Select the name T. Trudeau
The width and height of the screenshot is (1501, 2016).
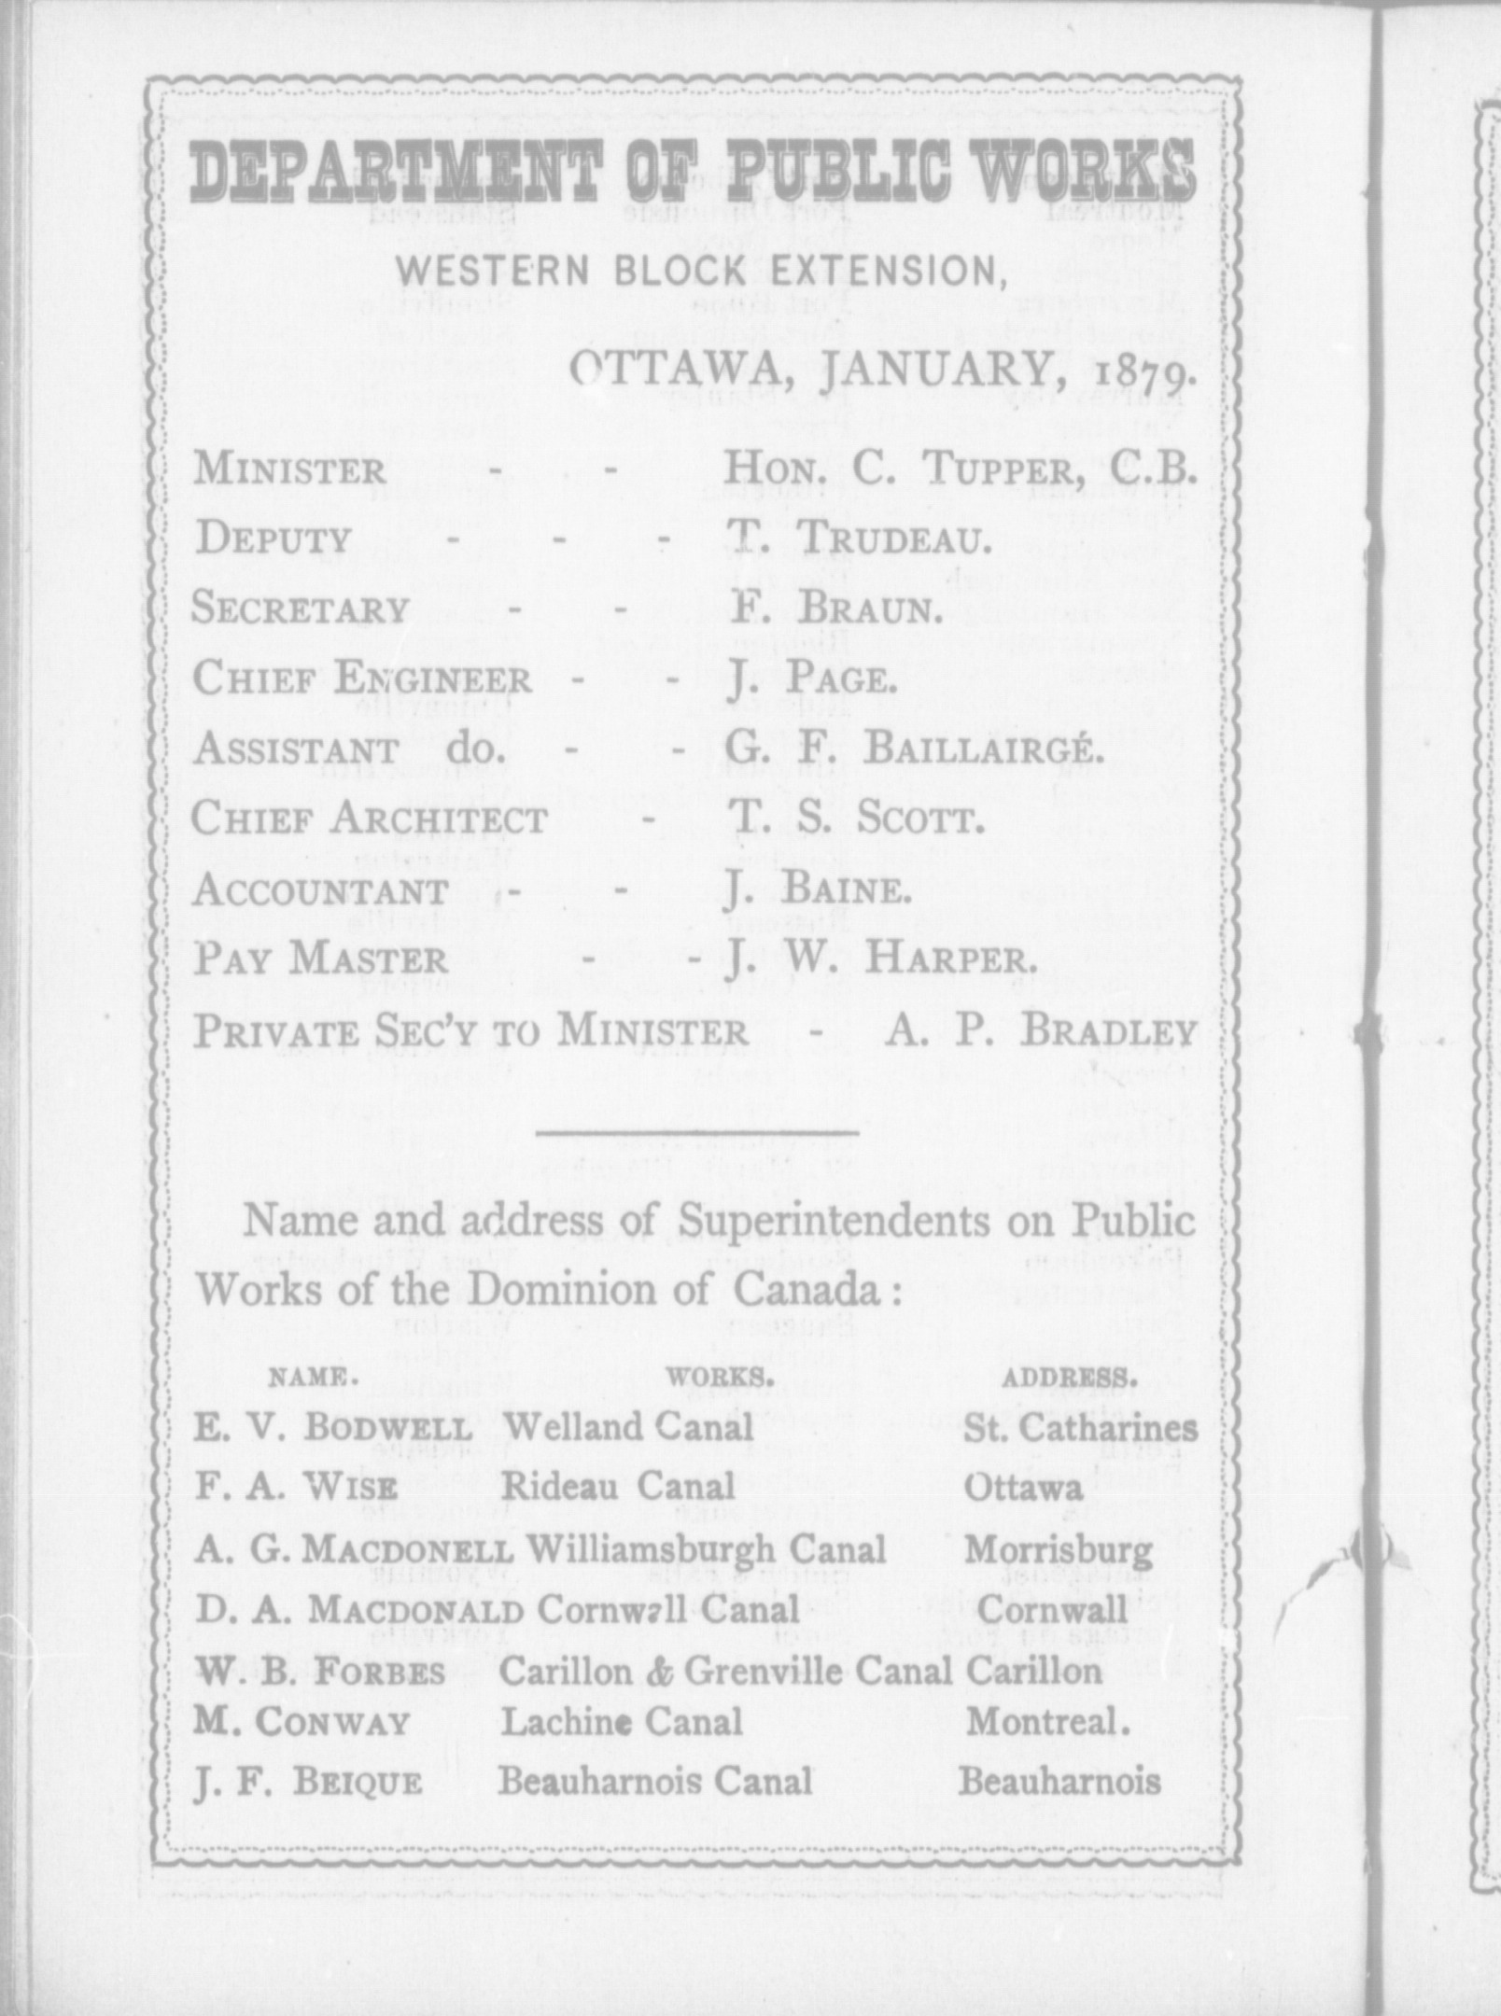click(x=858, y=539)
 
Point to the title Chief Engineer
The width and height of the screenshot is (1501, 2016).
click(x=361, y=679)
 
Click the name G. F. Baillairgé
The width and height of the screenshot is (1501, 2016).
click(x=915, y=749)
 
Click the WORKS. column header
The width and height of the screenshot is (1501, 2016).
click(x=720, y=1377)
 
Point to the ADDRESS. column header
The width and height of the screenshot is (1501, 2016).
click(x=1069, y=1377)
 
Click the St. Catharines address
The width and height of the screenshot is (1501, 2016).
click(x=1080, y=1427)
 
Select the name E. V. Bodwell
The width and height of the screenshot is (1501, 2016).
click(x=333, y=1427)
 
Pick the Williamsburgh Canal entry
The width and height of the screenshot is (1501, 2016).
click(x=706, y=1549)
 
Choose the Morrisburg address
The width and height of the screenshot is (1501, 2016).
click(x=1059, y=1550)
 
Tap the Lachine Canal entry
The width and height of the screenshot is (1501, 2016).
click(x=622, y=1722)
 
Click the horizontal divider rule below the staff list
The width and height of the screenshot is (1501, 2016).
click(x=697, y=1133)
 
